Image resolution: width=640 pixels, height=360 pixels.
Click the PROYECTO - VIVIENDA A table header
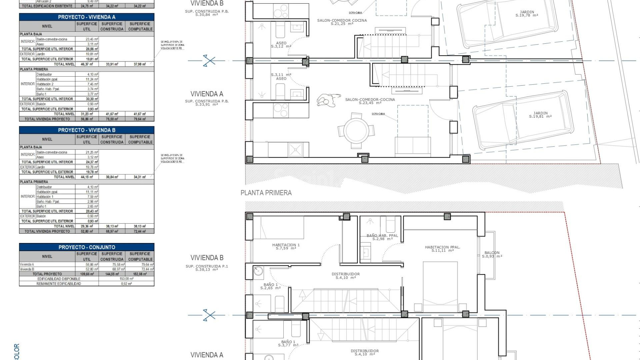(87, 17)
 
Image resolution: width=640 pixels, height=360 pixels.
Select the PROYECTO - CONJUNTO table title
(87, 247)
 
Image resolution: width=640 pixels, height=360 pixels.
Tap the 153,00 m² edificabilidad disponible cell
(126, 279)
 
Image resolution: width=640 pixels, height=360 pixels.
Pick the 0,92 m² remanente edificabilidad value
(126, 284)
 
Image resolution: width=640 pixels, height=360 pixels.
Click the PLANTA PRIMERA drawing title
(266, 193)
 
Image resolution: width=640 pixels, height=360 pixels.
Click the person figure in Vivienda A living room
(328, 100)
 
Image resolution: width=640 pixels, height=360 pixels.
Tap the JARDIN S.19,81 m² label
(540, 115)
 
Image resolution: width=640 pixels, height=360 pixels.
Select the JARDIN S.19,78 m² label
(527, 14)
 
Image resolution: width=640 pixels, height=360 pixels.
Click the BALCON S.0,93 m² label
(492, 254)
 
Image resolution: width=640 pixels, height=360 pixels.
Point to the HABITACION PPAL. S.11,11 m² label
(442, 249)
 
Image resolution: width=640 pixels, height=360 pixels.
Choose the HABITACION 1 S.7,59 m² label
(286, 246)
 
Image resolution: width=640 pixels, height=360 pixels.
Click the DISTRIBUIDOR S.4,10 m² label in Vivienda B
(346, 276)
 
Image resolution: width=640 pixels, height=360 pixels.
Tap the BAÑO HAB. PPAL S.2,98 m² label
(382, 237)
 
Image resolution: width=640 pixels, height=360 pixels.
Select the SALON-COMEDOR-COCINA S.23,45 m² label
(370, 101)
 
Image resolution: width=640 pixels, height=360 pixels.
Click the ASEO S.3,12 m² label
(281, 45)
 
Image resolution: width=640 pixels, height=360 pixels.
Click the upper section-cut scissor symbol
(209, 61)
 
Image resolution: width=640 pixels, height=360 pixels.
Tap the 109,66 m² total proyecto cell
(87, 274)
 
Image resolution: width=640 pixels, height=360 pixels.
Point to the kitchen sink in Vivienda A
(295, 150)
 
